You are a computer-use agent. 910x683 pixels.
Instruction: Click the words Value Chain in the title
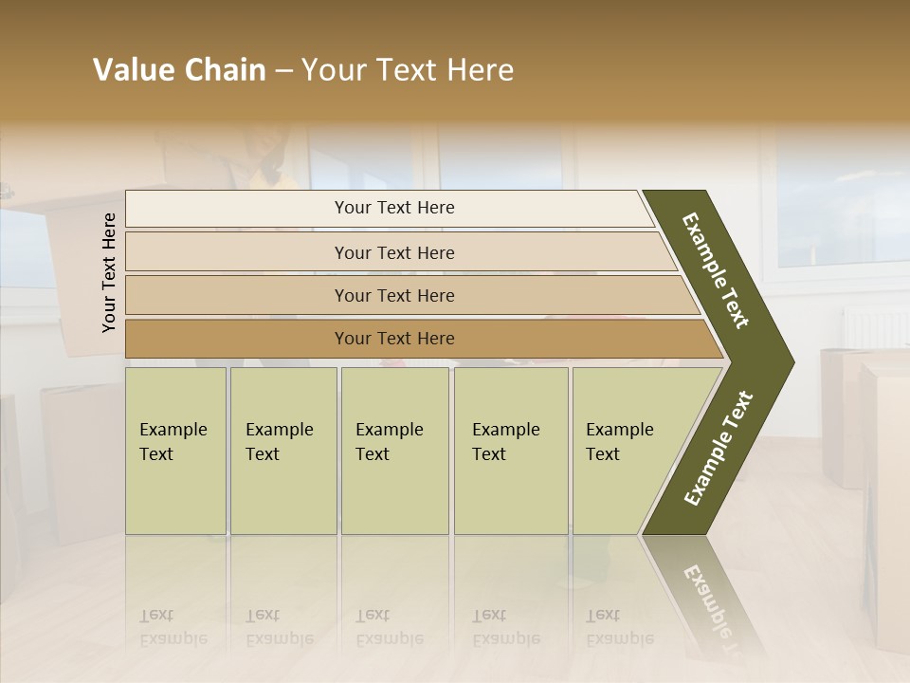[179, 70]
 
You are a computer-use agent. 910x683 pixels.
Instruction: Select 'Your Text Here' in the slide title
[408, 70]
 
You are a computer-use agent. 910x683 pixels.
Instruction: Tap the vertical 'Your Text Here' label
[109, 272]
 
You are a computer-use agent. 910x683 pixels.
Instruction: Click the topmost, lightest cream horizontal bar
[393, 208]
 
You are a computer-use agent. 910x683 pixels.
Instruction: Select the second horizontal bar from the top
[393, 252]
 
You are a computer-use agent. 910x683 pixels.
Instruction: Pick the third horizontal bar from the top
[393, 295]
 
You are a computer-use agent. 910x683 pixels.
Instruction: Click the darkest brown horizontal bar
[393, 339]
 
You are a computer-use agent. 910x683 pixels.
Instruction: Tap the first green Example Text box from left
[175, 451]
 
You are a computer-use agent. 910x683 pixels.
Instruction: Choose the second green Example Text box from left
[282, 451]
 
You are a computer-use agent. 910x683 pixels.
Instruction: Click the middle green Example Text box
[394, 451]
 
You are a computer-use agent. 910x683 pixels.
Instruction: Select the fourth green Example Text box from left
[510, 451]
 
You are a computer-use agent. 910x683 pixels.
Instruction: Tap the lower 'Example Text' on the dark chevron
[719, 448]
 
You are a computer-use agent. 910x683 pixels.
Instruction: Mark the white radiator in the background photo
[874, 328]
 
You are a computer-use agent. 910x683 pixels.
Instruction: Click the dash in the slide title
[283, 71]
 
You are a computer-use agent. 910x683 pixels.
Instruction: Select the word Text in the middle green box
[373, 454]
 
